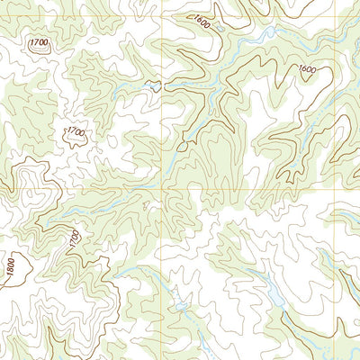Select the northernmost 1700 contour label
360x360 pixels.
point(39,43)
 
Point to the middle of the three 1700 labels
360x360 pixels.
point(76,132)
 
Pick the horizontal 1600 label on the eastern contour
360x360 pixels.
point(307,69)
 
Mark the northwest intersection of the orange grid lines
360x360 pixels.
point(162,16)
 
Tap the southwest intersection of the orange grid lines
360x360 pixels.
point(162,189)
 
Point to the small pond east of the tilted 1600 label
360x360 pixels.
point(266,33)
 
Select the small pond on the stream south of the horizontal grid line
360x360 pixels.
point(181,306)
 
